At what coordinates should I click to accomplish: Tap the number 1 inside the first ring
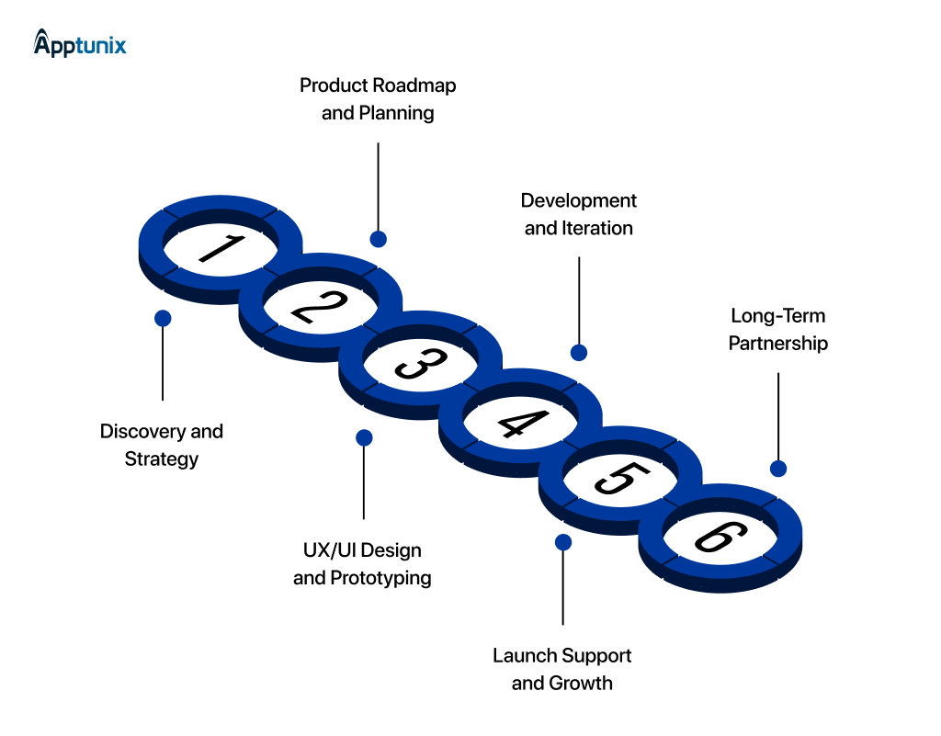pos(220,248)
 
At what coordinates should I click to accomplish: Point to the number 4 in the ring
pos(519,422)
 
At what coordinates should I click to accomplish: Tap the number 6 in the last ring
pos(720,538)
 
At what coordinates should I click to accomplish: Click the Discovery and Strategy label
pos(162,445)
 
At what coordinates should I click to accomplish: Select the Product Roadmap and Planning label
pos(378,99)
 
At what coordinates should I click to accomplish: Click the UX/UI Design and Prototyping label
pos(362,564)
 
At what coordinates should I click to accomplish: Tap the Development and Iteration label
pos(578,214)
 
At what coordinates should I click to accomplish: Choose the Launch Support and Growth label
pos(562,669)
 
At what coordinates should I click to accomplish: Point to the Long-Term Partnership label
pos(778,329)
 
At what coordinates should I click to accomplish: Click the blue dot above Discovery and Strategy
pos(163,318)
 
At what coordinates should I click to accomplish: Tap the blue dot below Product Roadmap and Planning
pos(378,239)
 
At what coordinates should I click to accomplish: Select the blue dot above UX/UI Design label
pos(364,437)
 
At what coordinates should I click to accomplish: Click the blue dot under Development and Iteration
pos(578,353)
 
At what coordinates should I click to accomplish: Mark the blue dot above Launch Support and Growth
pos(563,542)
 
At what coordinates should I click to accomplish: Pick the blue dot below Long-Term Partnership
pos(778,469)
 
